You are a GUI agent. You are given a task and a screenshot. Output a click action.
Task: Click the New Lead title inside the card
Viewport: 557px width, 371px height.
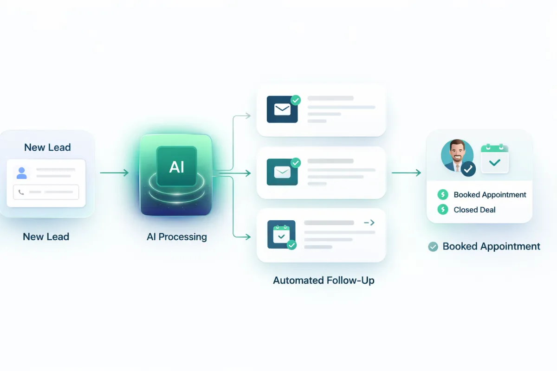point(47,147)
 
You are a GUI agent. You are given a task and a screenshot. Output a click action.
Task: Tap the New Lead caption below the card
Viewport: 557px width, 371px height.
point(46,237)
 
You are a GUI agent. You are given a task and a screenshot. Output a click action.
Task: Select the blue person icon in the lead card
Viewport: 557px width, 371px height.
point(21,173)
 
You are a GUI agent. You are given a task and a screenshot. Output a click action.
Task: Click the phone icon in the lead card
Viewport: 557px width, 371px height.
point(21,192)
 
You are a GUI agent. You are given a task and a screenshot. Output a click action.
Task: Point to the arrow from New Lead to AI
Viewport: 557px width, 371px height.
point(114,173)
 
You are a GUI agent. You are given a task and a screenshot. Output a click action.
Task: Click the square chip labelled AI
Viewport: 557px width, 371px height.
point(176,166)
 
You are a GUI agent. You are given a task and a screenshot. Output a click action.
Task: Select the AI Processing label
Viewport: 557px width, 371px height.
point(177,237)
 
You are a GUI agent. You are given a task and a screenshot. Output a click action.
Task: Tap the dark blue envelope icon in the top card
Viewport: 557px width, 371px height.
point(282,109)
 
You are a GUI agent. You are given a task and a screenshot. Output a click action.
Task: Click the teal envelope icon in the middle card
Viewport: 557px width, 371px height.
point(282,173)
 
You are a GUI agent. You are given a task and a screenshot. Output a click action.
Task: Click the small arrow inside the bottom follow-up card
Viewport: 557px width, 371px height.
point(369,223)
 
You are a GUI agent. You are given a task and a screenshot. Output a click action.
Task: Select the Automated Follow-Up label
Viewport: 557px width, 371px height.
point(324,280)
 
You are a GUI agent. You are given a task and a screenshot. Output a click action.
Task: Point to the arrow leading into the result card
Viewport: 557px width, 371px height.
point(406,173)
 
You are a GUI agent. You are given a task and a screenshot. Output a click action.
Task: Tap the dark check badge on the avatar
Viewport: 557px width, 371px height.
point(468,169)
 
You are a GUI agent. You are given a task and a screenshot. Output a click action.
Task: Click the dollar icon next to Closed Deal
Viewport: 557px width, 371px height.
point(443,210)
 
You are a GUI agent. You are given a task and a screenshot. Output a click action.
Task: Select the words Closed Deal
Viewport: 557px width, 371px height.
point(474,210)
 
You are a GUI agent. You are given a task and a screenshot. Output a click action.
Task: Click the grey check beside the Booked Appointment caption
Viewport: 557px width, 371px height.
point(433,247)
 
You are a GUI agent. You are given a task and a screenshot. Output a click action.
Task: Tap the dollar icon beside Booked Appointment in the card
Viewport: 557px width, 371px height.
point(443,195)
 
